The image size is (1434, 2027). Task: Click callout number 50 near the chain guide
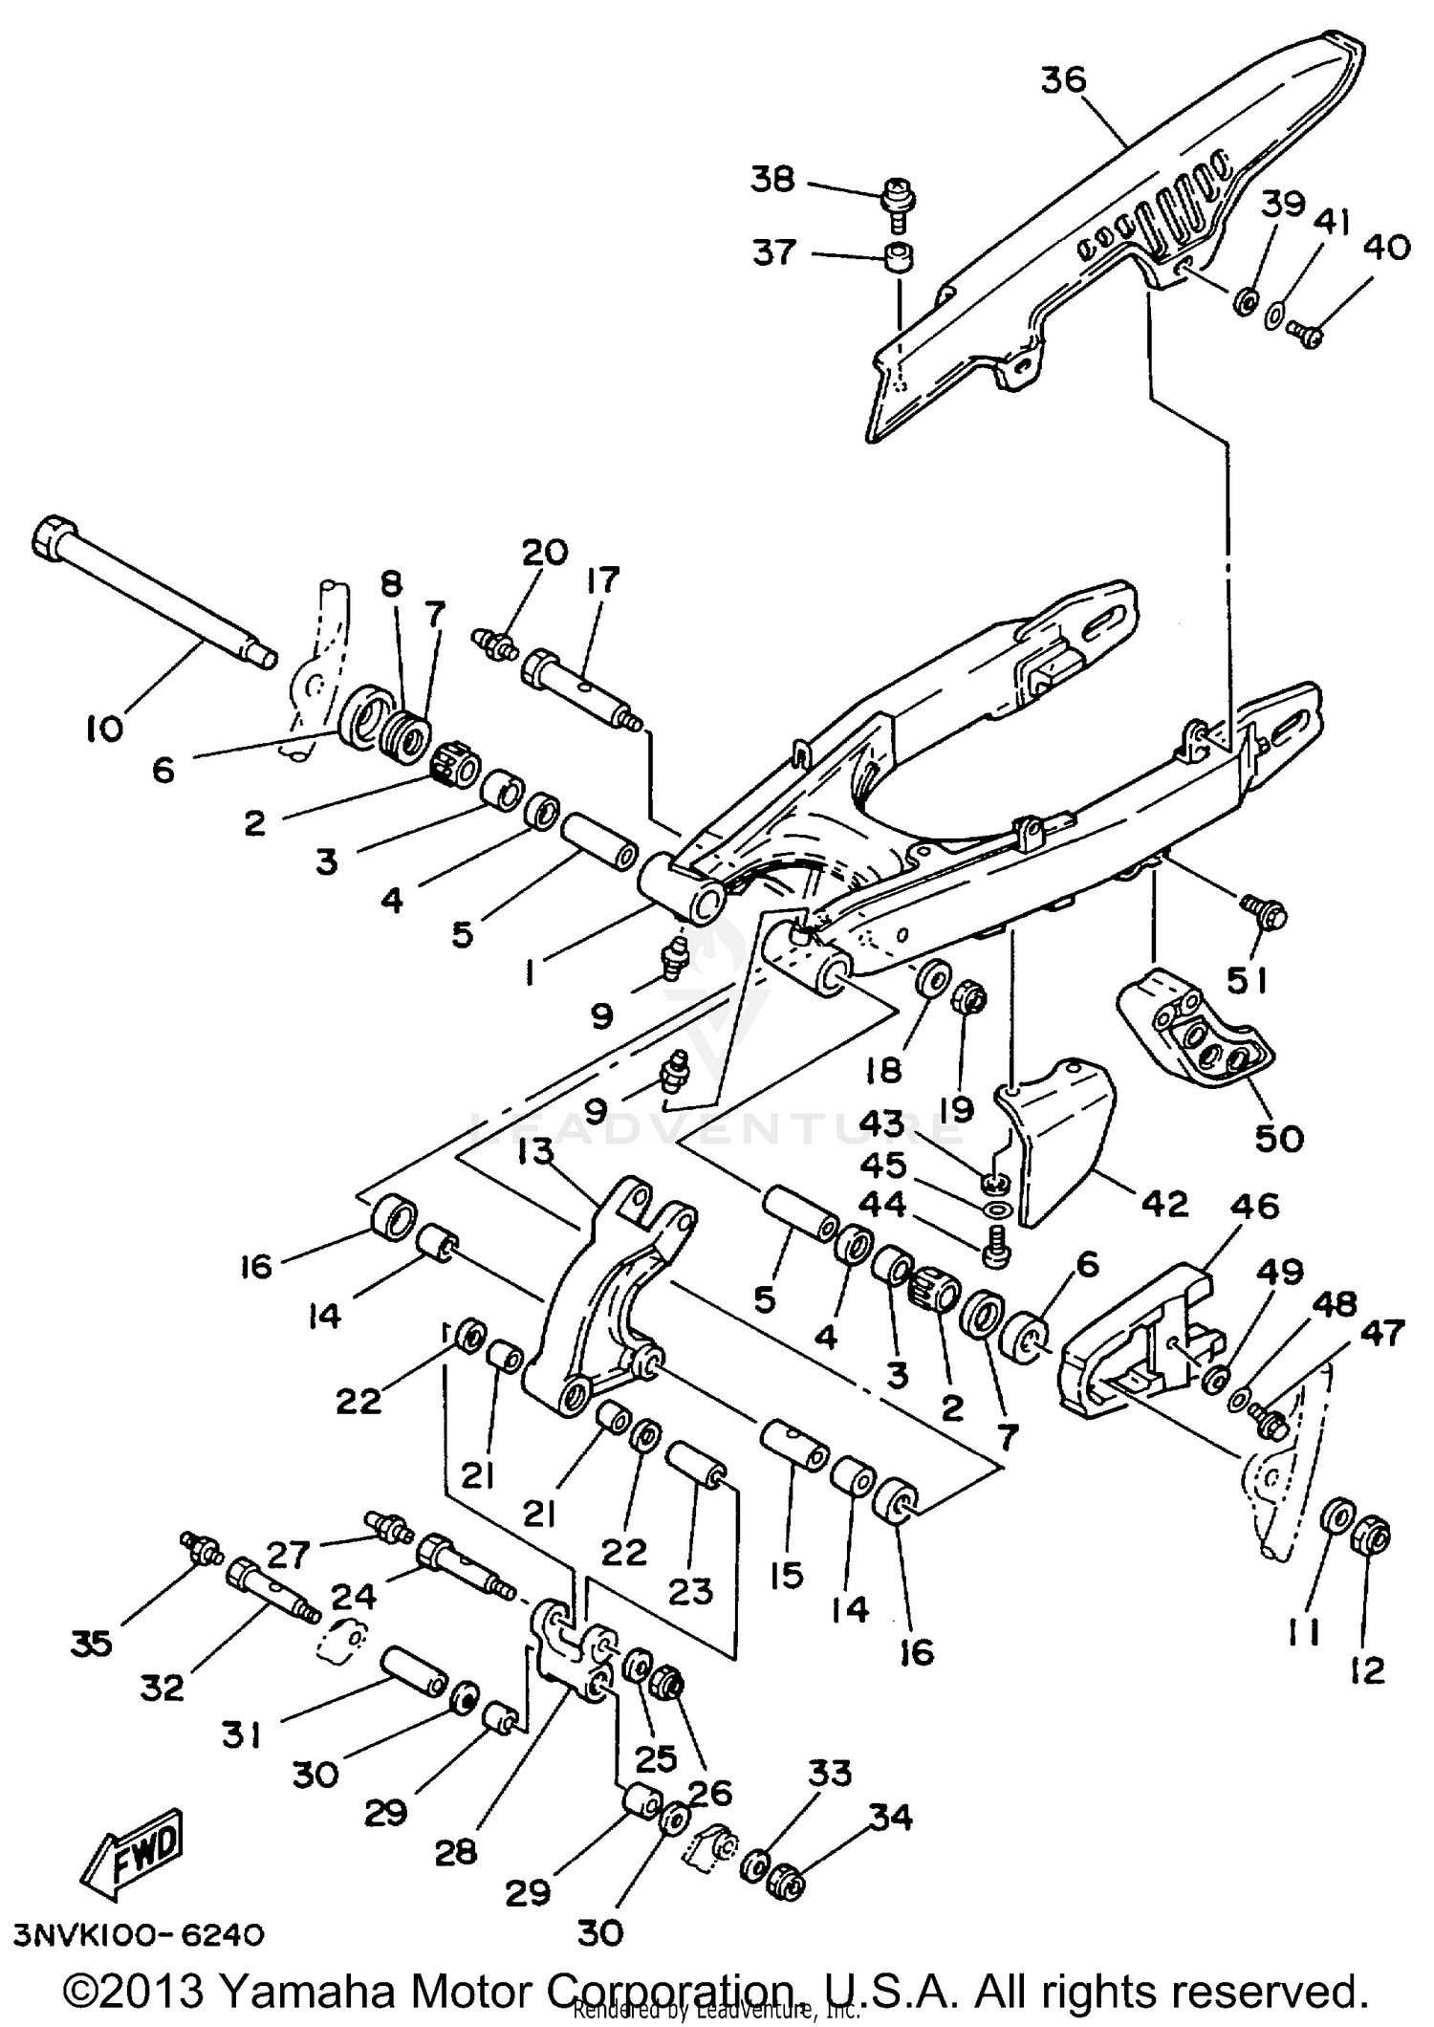1278,1138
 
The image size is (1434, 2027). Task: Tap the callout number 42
1162,1203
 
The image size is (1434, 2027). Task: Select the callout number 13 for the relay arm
536,1152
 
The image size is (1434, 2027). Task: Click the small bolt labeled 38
897,204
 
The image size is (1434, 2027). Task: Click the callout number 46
1254,1206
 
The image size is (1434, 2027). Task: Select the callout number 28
455,1852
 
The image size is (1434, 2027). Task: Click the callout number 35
91,1644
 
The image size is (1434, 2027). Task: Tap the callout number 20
545,552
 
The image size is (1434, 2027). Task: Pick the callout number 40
1387,248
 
